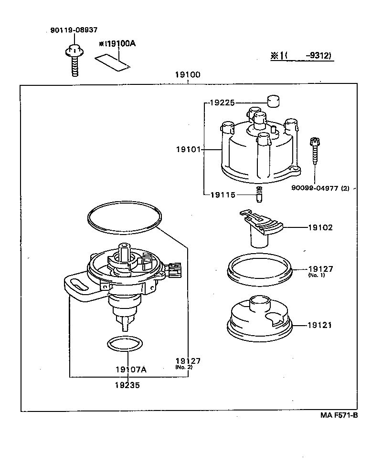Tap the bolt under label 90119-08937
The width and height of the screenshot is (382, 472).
[74, 60]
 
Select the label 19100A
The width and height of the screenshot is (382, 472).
[118, 44]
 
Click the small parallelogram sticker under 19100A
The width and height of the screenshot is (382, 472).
[112, 62]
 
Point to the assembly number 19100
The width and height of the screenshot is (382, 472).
[187, 75]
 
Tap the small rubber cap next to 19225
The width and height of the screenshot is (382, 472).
[273, 102]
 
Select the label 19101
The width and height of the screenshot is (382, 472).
[188, 149]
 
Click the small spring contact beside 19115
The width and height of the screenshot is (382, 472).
[260, 195]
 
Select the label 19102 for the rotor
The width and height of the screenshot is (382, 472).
[320, 227]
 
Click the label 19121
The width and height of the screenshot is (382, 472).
[320, 325]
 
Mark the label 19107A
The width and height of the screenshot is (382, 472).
[131, 369]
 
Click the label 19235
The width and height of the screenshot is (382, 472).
[127, 386]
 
